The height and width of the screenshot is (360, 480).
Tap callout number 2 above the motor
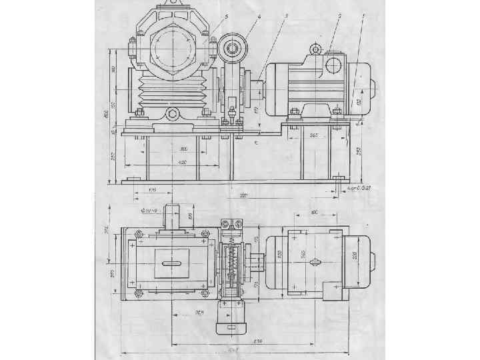(340, 15)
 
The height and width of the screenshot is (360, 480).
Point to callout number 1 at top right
(363, 15)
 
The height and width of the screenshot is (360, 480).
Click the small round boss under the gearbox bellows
(173, 114)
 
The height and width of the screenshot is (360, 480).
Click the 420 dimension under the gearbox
(181, 162)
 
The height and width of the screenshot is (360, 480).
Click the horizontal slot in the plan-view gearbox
(173, 264)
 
